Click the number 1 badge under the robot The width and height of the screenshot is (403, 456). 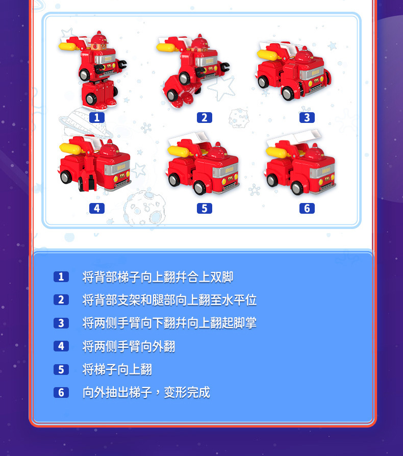click(96, 117)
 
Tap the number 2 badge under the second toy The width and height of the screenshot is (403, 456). click(204, 117)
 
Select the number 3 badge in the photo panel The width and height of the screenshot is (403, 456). click(307, 117)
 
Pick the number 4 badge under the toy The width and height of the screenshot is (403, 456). click(96, 208)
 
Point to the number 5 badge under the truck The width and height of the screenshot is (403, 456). click(204, 208)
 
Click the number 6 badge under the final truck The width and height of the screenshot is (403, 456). click(307, 208)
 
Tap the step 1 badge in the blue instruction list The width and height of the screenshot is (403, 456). click(61, 277)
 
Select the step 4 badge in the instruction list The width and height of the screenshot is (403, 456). click(61, 346)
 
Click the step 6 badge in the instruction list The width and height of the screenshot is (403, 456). click(61, 392)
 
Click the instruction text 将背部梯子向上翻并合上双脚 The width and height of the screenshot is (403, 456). click(158, 277)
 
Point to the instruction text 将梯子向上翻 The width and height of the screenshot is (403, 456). click(117, 369)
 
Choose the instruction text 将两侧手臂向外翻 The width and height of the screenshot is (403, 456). click(129, 346)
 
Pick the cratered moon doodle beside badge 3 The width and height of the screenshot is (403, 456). click(238, 118)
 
